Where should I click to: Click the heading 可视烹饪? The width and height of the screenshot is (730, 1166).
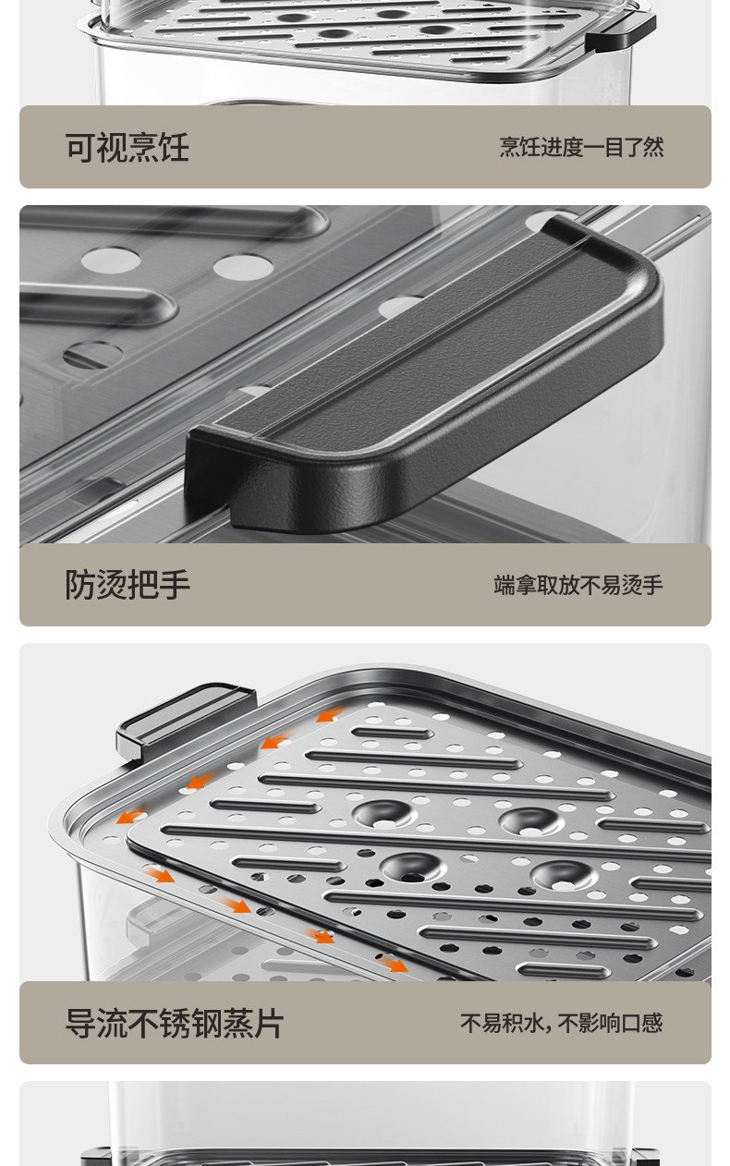(127, 147)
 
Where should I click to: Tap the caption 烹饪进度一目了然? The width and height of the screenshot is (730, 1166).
(581, 147)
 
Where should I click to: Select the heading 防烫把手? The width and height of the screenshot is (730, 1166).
(127, 585)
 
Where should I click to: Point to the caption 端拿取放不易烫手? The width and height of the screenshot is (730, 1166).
(578, 585)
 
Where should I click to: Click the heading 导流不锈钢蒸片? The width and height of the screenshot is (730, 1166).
(175, 1023)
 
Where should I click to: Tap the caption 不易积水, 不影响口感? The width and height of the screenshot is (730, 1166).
(562, 1023)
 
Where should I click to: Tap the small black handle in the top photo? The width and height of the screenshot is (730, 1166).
(620, 32)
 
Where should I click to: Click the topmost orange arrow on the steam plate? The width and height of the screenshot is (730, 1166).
(330, 715)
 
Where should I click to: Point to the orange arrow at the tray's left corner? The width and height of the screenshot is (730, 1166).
(130, 816)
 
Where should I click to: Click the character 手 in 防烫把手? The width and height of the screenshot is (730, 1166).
(175, 585)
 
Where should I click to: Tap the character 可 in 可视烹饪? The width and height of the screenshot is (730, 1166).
(80, 147)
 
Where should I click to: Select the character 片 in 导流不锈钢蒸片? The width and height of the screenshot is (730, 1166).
(269, 1023)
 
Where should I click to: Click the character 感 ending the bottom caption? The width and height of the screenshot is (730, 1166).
(652, 1023)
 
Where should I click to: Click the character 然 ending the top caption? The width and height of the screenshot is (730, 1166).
(654, 147)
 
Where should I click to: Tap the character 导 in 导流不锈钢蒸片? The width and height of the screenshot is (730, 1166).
(80, 1023)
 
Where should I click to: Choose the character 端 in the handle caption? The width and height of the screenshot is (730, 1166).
(504, 585)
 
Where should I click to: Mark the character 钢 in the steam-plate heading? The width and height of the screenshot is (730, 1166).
(206, 1023)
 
